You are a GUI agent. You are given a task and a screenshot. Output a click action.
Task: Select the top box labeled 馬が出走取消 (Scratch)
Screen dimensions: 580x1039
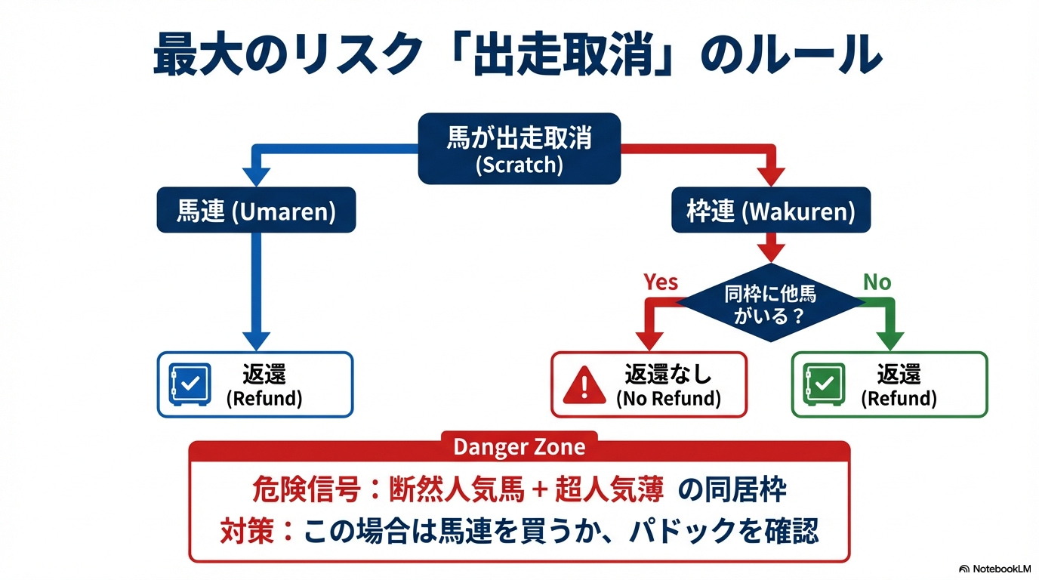(519, 149)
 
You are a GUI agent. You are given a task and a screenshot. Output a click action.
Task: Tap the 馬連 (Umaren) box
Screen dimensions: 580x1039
(255, 211)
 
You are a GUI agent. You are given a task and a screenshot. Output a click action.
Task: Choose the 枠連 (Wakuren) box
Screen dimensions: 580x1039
(771, 211)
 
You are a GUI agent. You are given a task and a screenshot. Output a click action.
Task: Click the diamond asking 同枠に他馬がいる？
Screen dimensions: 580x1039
(770, 303)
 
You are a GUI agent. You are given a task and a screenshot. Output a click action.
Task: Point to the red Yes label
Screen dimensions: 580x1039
(661, 282)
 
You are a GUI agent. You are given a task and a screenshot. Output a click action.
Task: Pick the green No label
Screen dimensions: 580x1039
(877, 282)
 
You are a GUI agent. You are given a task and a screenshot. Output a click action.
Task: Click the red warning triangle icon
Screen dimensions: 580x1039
(584, 386)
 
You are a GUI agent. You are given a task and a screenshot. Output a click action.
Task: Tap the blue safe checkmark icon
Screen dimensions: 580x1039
(190, 384)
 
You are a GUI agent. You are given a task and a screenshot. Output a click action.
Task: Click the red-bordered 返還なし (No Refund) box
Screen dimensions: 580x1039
(649, 384)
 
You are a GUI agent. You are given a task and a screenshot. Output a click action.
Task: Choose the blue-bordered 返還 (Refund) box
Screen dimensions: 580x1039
(255, 384)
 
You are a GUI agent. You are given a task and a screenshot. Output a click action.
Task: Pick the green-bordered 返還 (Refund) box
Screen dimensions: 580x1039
(889, 384)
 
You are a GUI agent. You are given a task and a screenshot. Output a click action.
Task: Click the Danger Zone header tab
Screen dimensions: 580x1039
(519, 446)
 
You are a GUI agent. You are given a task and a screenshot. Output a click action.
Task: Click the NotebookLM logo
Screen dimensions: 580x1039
(994, 569)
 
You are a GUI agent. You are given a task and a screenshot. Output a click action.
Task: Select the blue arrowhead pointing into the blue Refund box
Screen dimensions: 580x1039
(255, 339)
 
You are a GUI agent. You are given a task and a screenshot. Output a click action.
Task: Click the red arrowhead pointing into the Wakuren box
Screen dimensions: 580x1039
(771, 177)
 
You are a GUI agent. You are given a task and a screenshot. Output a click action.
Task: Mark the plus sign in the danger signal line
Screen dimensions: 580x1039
(538, 491)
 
